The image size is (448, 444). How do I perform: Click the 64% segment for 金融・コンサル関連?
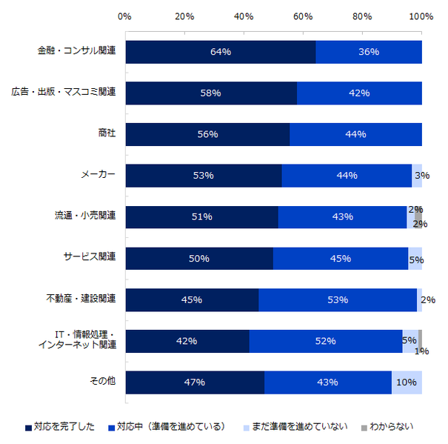click(x=221, y=52)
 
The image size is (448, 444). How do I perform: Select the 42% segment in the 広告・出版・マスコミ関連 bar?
click(x=359, y=93)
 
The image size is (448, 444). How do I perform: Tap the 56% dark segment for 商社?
click(x=207, y=134)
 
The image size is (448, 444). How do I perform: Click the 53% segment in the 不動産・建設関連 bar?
click(x=338, y=299)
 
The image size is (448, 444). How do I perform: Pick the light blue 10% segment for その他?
click(x=407, y=382)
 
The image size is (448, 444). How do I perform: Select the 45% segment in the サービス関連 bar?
click(x=341, y=258)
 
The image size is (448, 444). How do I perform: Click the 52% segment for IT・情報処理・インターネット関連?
click(x=326, y=341)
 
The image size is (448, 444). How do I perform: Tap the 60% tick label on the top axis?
click(x=303, y=16)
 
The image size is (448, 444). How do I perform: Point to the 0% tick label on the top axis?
click(x=125, y=16)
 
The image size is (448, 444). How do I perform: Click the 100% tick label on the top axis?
click(x=421, y=16)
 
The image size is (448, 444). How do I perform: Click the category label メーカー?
click(x=98, y=175)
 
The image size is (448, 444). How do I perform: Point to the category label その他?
click(x=104, y=381)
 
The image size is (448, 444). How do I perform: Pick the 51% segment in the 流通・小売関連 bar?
click(x=201, y=217)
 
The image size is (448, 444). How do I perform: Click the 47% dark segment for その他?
click(x=195, y=382)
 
